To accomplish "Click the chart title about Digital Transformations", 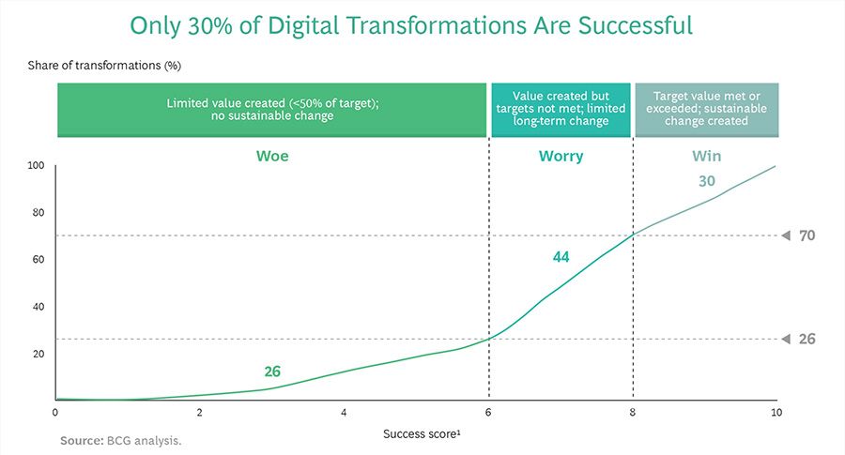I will pyautogui.click(x=411, y=25).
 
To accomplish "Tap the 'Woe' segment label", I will pyautogui.click(x=272, y=156).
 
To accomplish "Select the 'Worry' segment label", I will pyautogui.click(x=561, y=156).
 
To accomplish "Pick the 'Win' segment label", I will pyautogui.click(x=707, y=156).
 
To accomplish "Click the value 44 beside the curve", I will pyautogui.click(x=561, y=256).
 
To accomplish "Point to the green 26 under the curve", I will pyautogui.click(x=272, y=372).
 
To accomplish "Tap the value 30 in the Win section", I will pyautogui.click(x=707, y=181).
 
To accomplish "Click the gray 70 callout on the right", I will pyautogui.click(x=807, y=235).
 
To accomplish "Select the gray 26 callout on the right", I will pyautogui.click(x=807, y=339).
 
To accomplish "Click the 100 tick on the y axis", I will pyautogui.click(x=37, y=166).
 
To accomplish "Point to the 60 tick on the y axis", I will pyautogui.click(x=38, y=260).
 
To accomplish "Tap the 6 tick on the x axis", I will pyautogui.click(x=488, y=413).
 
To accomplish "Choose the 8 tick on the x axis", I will pyautogui.click(x=633, y=413).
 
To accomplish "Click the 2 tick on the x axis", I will pyautogui.click(x=200, y=413).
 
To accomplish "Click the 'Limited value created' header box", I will pyautogui.click(x=272, y=111).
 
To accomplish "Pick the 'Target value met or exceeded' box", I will pyautogui.click(x=707, y=111).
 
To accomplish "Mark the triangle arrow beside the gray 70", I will pyautogui.click(x=786, y=235).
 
